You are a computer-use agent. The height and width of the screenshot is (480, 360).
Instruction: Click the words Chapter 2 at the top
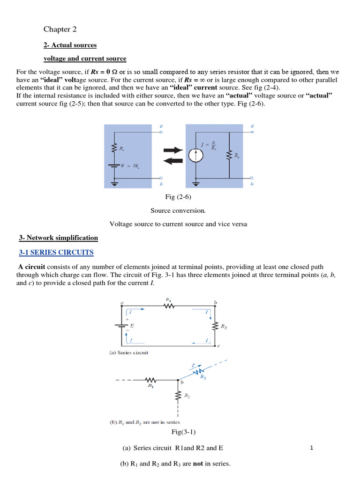(x=60, y=30)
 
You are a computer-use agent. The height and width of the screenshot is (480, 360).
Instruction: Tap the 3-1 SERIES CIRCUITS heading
(x=56, y=253)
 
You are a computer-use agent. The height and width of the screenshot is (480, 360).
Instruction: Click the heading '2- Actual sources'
(x=70, y=45)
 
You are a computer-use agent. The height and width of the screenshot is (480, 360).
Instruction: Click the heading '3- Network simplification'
(x=71, y=238)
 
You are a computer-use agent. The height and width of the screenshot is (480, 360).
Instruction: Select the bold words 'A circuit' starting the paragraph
(x=31, y=267)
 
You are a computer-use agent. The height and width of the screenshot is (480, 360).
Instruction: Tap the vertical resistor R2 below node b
(x=178, y=397)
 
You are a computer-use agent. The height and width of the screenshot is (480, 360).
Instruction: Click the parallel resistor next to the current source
(x=229, y=155)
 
